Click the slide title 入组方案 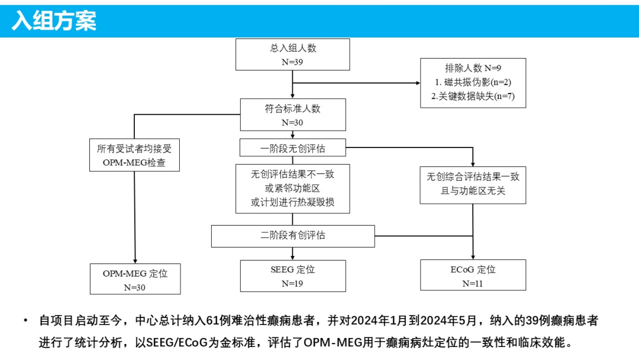(x=54, y=21)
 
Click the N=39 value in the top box (x=292, y=62)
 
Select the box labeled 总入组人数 (x=293, y=54)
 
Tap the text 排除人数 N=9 (x=473, y=68)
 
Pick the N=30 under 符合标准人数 (x=292, y=123)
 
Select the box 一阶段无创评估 (x=293, y=147)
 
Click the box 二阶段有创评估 (x=293, y=236)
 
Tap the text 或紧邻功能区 (x=293, y=188)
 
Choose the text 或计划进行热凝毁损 (x=293, y=202)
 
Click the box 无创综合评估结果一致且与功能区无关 (x=473, y=185)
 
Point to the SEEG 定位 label (x=293, y=269)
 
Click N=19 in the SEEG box (x=292, y=284)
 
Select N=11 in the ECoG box (x=473, y=284)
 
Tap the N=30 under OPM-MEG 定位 (x=134, y=287)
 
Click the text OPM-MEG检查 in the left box (x=134, y=162)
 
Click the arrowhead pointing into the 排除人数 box (x=418, y=83)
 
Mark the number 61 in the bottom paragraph (x=212, y=320)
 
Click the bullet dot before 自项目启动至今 (x=25, y=320)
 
